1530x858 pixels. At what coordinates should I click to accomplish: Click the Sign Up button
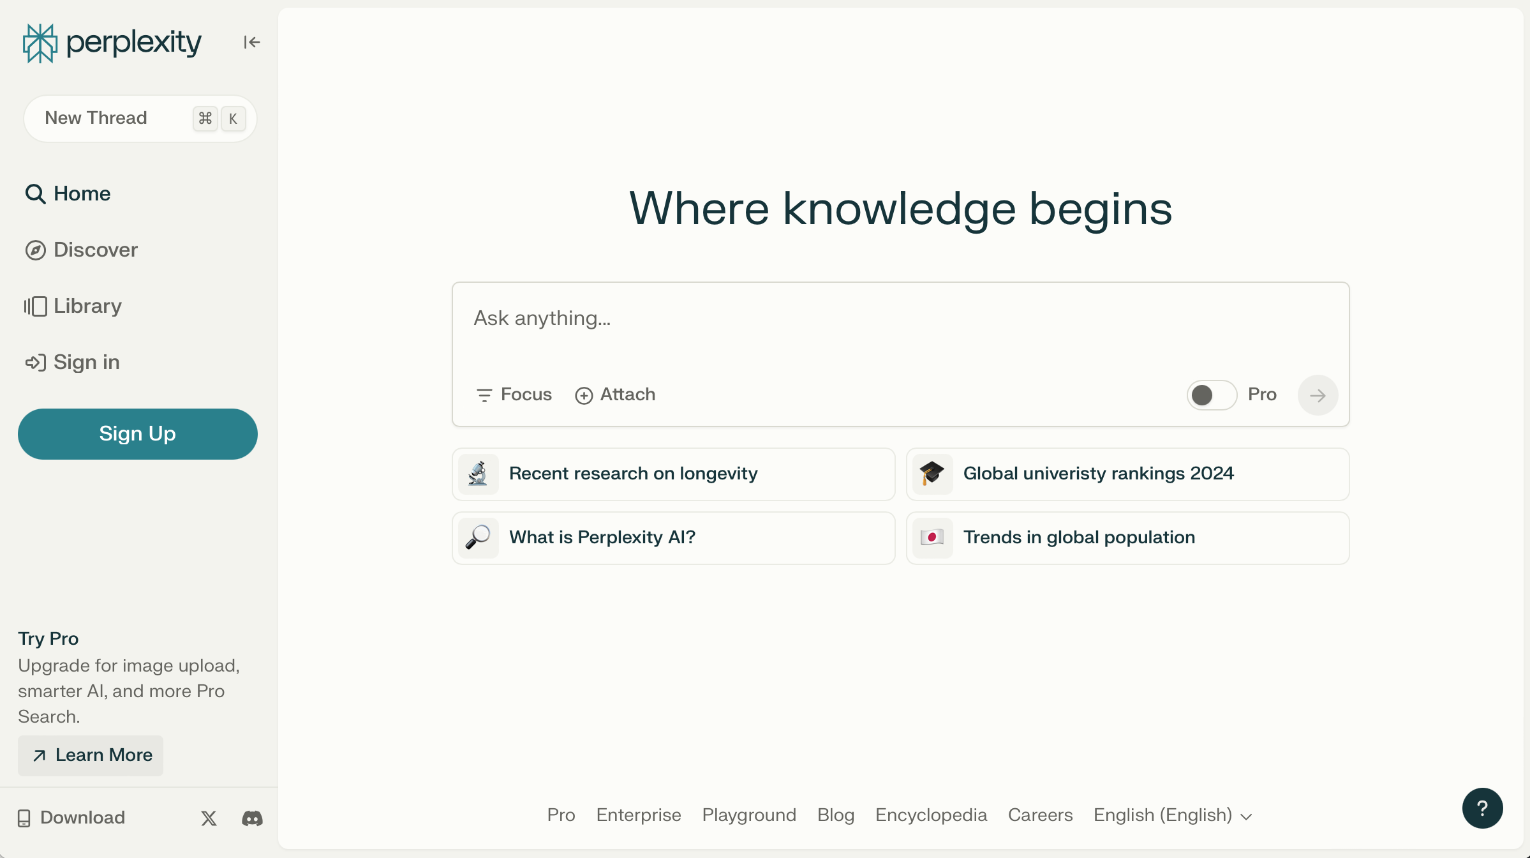pos(138,434)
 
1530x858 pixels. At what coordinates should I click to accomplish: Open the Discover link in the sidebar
pos(82,250)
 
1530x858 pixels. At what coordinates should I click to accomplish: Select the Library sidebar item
pos(73,306)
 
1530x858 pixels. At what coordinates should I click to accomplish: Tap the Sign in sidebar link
pos(72,362)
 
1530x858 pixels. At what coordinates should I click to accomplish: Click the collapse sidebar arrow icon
pos(251,42)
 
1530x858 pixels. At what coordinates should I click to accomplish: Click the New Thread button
pos(140,118)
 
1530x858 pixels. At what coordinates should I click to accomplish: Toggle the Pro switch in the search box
pos(1212,395)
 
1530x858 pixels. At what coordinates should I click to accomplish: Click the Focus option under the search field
pos(514,395)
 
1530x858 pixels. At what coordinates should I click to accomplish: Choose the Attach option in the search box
pos(615,395)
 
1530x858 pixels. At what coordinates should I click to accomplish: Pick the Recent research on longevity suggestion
pos(674,474)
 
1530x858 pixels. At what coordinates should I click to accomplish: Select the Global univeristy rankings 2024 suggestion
pos(1127,474)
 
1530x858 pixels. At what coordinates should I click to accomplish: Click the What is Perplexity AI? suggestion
pos(674,538)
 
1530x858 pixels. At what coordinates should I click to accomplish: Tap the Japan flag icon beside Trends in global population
pos(932,538)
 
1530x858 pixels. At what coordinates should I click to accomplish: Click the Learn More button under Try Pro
pos(91,755)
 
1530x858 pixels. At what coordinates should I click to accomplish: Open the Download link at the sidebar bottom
pos(71,818)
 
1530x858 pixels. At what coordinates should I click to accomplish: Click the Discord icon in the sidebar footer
pos(252,818)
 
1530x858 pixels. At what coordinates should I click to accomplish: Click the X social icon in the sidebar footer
pos(209,818)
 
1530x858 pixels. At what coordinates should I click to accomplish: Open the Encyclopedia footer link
pos(931,815)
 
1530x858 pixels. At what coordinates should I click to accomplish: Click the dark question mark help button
pos(1482,808)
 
